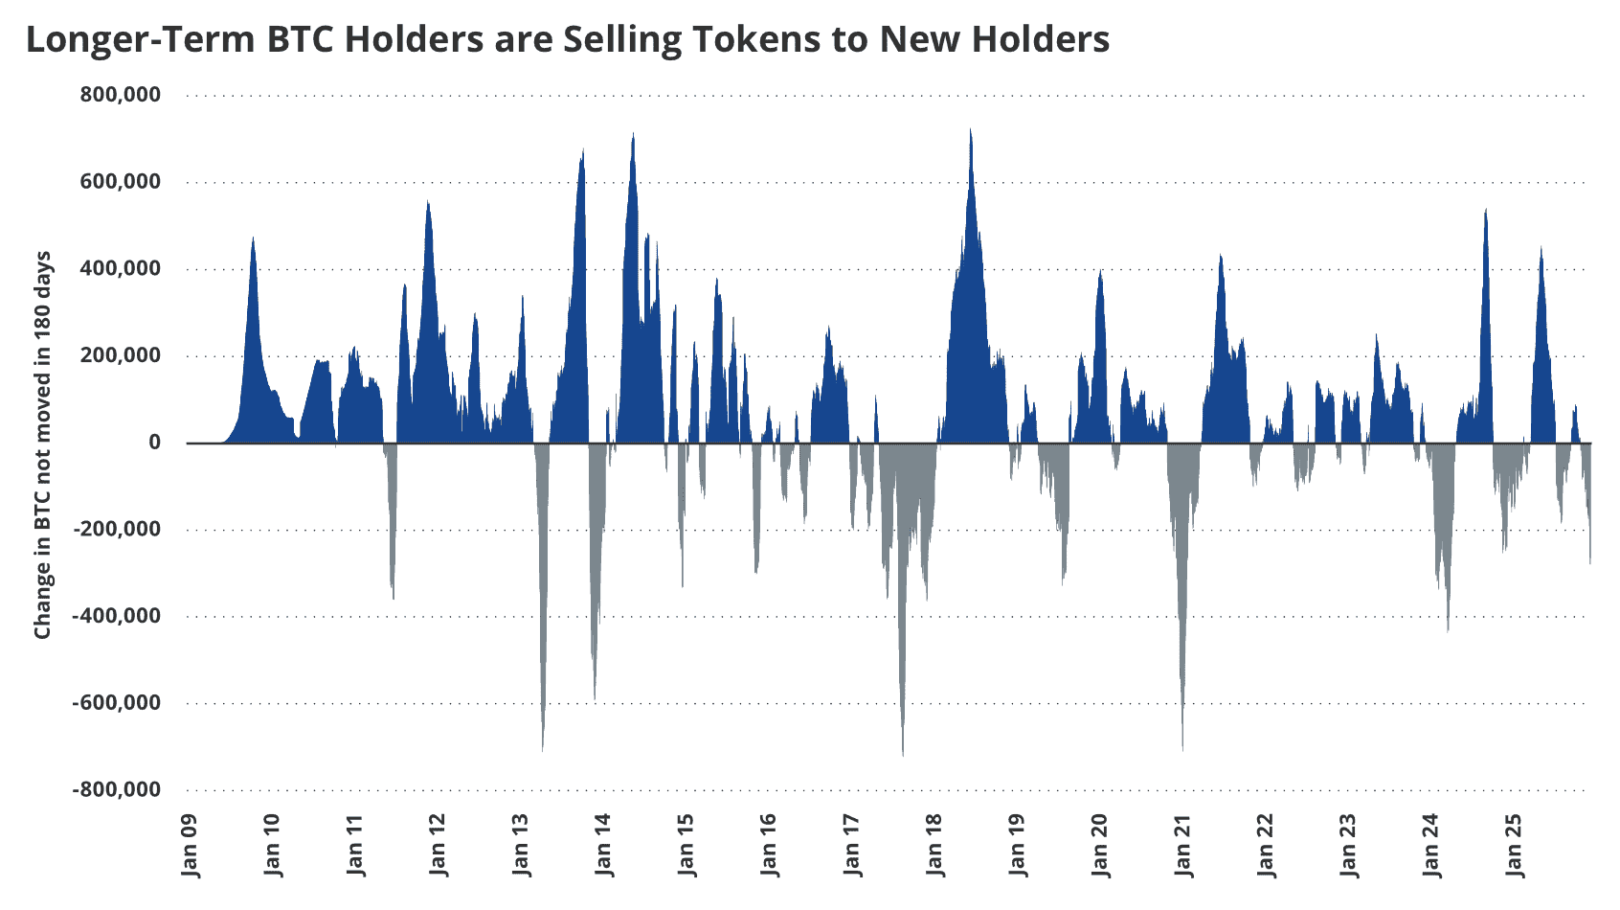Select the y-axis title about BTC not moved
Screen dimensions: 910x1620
click(43, 445)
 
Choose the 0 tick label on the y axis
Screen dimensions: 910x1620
click(153, 443)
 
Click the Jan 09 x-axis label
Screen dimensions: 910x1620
click(191, 845)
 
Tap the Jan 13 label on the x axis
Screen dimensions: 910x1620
click(522, 845)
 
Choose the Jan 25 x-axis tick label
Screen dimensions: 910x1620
click(1514, 845)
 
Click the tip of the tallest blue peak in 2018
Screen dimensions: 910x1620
click(971, 130)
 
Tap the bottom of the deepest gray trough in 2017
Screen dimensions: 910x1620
click(903, 755)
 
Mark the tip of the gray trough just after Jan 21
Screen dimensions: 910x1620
click(1182, 750)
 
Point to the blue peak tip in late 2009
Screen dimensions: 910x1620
click(253, 238)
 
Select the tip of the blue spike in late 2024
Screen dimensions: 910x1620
click(1485, 210)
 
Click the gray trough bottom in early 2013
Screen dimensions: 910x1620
click(543, 750)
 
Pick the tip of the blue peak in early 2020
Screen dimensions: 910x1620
click(1101, 272)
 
